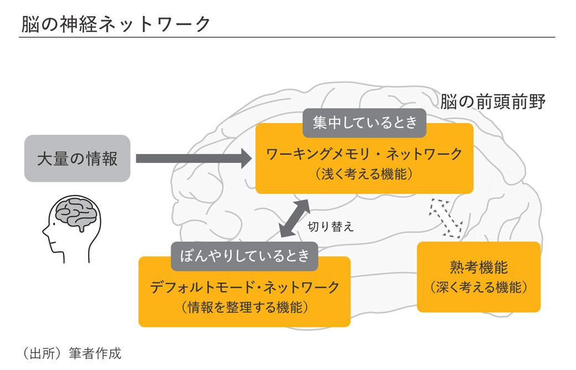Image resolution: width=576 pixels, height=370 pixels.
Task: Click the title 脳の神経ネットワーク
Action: coord(116,24)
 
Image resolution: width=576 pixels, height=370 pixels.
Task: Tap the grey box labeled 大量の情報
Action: coord(77,159)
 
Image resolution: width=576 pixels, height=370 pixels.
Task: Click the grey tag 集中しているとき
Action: coord(364,122)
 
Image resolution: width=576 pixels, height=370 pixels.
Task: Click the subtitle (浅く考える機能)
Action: coord(364,174)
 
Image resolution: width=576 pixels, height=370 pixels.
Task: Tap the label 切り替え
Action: coord(330,227)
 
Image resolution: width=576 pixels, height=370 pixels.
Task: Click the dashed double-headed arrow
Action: coord(446,218)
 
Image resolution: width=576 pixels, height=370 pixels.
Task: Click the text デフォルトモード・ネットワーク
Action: coord(244,287)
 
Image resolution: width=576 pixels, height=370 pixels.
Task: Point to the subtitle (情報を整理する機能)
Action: coord(244,307)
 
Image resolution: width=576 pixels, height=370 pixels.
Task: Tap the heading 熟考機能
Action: coord(479,268)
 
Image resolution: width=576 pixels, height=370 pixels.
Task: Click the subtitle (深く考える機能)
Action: coord(479,288)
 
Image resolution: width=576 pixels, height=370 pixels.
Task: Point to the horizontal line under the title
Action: coord(287,37)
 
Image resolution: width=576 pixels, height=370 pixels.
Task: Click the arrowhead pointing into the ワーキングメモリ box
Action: coord(244,159)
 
